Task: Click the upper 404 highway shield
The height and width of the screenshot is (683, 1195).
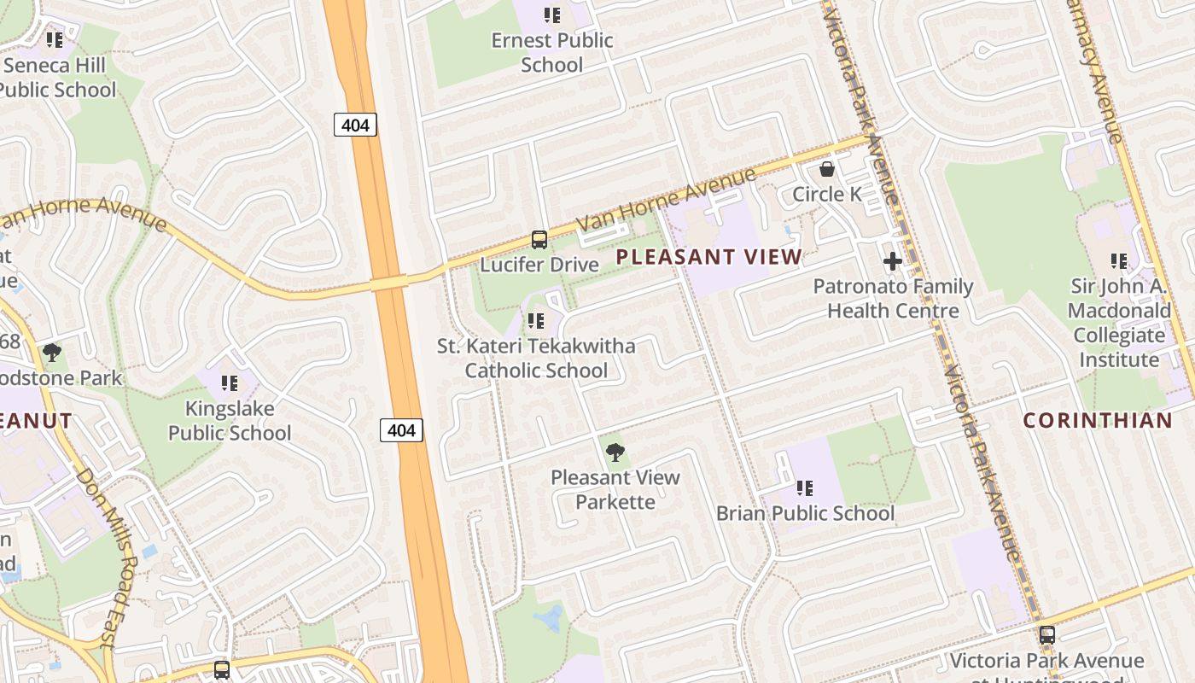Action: click(355, 126)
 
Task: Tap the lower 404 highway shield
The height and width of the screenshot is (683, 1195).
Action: click(401, 430)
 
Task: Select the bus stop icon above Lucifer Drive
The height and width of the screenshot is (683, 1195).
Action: click(539, 240)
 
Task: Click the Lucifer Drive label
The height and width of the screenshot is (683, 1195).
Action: click(539, 265)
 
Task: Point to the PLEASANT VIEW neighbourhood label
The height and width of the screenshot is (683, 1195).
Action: click(708, 257)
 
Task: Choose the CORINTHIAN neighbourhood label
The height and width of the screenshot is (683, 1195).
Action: click(1098, 420)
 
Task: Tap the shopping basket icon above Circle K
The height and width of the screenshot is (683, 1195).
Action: click(826, 169)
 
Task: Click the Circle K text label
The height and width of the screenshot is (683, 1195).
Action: click(827, 195)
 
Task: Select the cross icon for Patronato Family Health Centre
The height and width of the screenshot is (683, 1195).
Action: click(893, 261)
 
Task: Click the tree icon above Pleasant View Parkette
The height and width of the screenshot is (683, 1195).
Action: click(615, 452)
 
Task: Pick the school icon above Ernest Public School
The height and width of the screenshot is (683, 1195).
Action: click(552, 15)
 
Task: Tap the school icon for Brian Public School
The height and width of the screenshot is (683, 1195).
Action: click(804, 488)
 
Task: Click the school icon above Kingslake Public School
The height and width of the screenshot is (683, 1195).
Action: click(229, 383)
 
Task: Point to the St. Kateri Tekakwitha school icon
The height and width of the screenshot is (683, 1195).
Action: click(536, 321)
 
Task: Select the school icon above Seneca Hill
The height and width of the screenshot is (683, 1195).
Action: click(55, 40)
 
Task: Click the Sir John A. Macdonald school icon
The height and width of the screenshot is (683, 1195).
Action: click(1118, 261)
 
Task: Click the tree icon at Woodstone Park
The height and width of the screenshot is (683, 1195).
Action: click(52, 352)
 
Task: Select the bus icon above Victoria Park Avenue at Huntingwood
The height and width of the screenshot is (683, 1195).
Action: click(1046, 635)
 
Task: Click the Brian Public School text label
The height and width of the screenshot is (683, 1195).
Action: click(805, 513)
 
